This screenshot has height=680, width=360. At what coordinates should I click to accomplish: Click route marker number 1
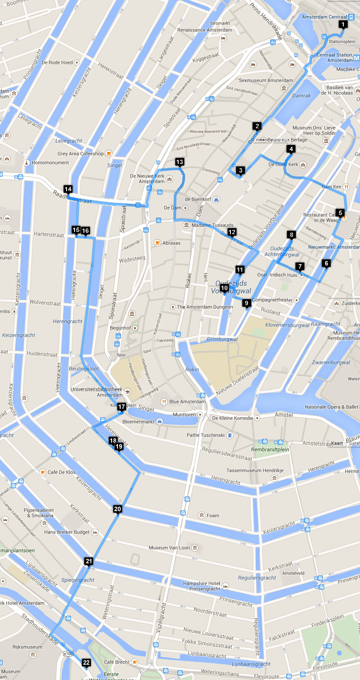click(343, 24)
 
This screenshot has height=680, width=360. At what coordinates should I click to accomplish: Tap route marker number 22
click(86, 663)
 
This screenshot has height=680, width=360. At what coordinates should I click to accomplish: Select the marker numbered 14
click(68, 189)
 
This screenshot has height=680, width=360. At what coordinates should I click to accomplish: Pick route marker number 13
click(180, 162)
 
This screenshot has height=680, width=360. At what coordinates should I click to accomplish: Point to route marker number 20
click(117, 509)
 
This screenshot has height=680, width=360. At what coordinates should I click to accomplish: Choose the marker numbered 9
click(246, 303)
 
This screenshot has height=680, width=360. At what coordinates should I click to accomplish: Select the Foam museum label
click(213, 515)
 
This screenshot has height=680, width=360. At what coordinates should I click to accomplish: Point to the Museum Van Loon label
click(169, 548)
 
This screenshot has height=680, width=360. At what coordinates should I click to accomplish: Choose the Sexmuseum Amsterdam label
click(266, 80)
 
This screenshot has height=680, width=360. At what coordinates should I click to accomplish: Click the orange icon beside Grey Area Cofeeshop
click(108, 154)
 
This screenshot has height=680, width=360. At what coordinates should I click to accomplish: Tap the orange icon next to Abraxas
click(157, 243)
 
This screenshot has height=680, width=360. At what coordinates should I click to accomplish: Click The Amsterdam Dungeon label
click(205, 307)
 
